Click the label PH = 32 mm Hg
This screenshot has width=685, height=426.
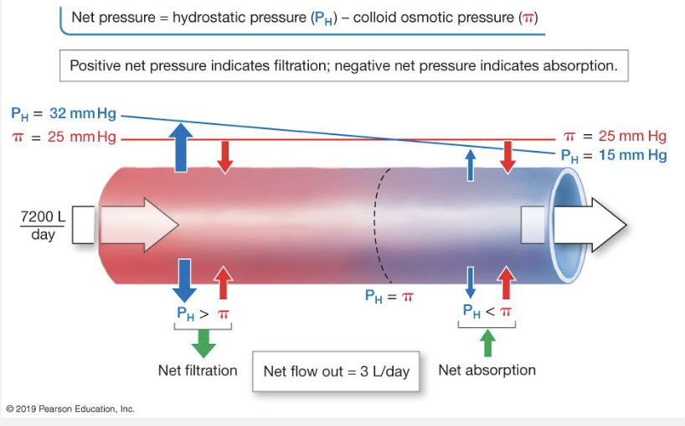[64, 113]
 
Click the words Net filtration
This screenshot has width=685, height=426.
[198, 370]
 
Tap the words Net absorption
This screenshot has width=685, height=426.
[487, 370]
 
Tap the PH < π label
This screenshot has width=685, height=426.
[488, 312]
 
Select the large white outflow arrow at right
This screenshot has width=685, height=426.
[586, 226]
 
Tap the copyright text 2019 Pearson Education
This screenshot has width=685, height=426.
[70, 409]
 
